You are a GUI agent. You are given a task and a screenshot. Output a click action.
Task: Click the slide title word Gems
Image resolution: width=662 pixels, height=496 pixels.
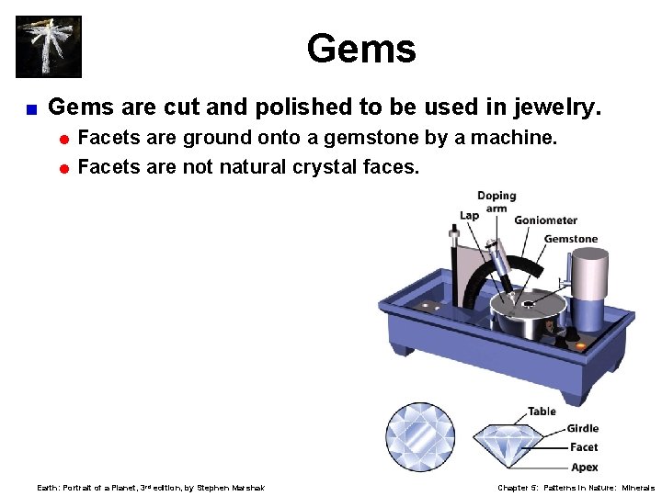tap(361, 49)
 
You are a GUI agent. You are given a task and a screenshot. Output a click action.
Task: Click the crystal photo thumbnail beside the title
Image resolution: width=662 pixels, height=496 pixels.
tap(49, 46)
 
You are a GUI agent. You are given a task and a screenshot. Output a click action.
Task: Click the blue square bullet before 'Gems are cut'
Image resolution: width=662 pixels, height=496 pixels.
tap(31, 109)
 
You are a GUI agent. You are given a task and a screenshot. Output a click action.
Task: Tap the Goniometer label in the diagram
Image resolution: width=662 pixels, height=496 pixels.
tap(545, 220)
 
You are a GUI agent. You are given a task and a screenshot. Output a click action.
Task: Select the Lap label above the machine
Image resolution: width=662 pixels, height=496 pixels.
tap(469, 215)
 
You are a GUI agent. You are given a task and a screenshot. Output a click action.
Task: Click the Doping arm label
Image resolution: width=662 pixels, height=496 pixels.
tap(496, 201)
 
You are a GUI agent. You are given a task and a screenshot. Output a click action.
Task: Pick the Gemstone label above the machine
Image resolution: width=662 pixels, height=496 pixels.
tap(570, 239)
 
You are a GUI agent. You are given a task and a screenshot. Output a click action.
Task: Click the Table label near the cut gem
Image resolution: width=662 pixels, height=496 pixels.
tap(542, 411)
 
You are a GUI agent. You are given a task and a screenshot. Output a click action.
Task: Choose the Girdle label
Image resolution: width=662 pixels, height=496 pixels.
tap(582, 428)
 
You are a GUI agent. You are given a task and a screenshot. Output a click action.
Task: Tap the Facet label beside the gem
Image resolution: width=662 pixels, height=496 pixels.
tap(583, 447)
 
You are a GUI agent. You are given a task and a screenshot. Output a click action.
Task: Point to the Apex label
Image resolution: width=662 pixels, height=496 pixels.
tap(584, 468)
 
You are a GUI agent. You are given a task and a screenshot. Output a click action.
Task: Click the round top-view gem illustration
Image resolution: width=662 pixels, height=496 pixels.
tap(420, 437)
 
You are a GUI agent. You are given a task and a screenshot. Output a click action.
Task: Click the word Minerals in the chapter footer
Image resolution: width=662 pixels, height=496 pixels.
tap(637, 488)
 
